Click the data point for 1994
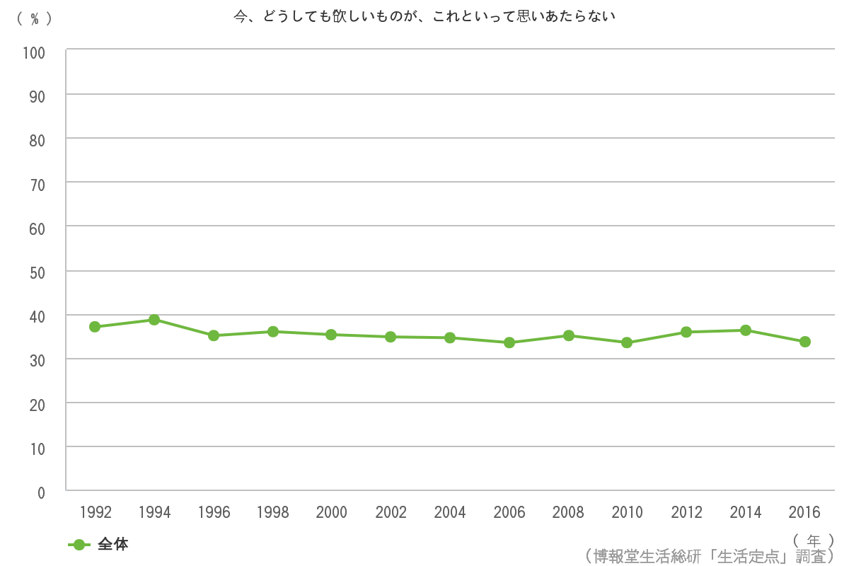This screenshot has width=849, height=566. [x=154, y=320]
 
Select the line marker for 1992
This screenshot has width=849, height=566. [x=95, y=327]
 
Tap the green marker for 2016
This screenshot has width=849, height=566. [x=804, y=342]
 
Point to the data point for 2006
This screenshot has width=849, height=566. [x=509, y=342]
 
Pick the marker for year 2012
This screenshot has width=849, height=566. [x=686, y=332]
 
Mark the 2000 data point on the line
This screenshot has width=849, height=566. [x=331, y=335]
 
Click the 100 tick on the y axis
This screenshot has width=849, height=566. [x=34, y=52]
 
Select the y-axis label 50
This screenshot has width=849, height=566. [x=37, y=272]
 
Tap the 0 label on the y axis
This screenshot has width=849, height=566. [x=41, y=492]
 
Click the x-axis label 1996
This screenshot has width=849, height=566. [x=214, y=512]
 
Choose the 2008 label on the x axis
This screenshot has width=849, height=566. [x=568, y=512]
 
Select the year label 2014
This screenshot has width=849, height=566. [x=745, y=512]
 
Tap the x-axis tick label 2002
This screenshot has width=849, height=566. [x=391, y=512]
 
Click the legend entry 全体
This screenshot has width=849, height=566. [x=112, y=544]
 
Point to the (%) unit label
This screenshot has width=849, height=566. [x=34, y=19]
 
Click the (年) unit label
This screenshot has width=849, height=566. [x=814, y=540]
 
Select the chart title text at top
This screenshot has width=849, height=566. [x=424, y=16]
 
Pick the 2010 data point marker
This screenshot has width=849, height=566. [x=627, y=342]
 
